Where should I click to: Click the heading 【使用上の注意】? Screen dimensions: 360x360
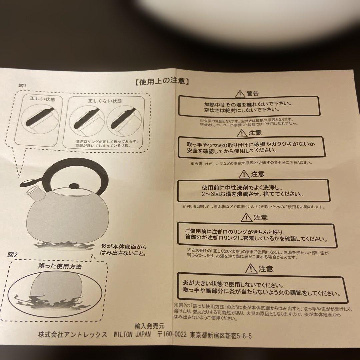[x=162, y=81]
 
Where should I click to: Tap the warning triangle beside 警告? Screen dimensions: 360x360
[x=240, y=93]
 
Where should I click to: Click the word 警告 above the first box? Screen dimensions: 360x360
[x=253, y=93]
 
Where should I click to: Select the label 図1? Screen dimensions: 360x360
[x=23, y=86]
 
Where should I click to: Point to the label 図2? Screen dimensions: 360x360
[x=12, y=255]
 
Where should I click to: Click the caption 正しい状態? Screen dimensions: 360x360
[x=42, y=99]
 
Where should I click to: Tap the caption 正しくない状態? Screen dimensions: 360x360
[x=105, y=101]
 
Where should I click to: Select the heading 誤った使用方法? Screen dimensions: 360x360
[x=60, y=266]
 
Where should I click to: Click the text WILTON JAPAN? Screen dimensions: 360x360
[x=132, y=334]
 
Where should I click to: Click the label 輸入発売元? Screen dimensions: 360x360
[x=149, y=326]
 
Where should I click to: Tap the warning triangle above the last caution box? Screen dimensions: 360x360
[x=251, y=269]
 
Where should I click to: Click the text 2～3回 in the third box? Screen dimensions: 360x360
[x=211, y=194]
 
